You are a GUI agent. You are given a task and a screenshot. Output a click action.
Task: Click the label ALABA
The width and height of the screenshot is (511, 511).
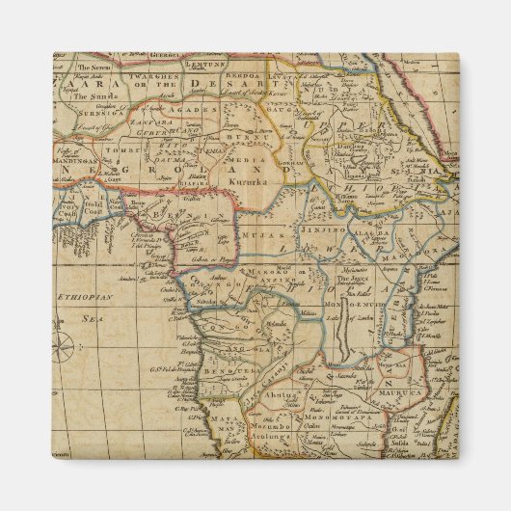(x=376, y=233)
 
